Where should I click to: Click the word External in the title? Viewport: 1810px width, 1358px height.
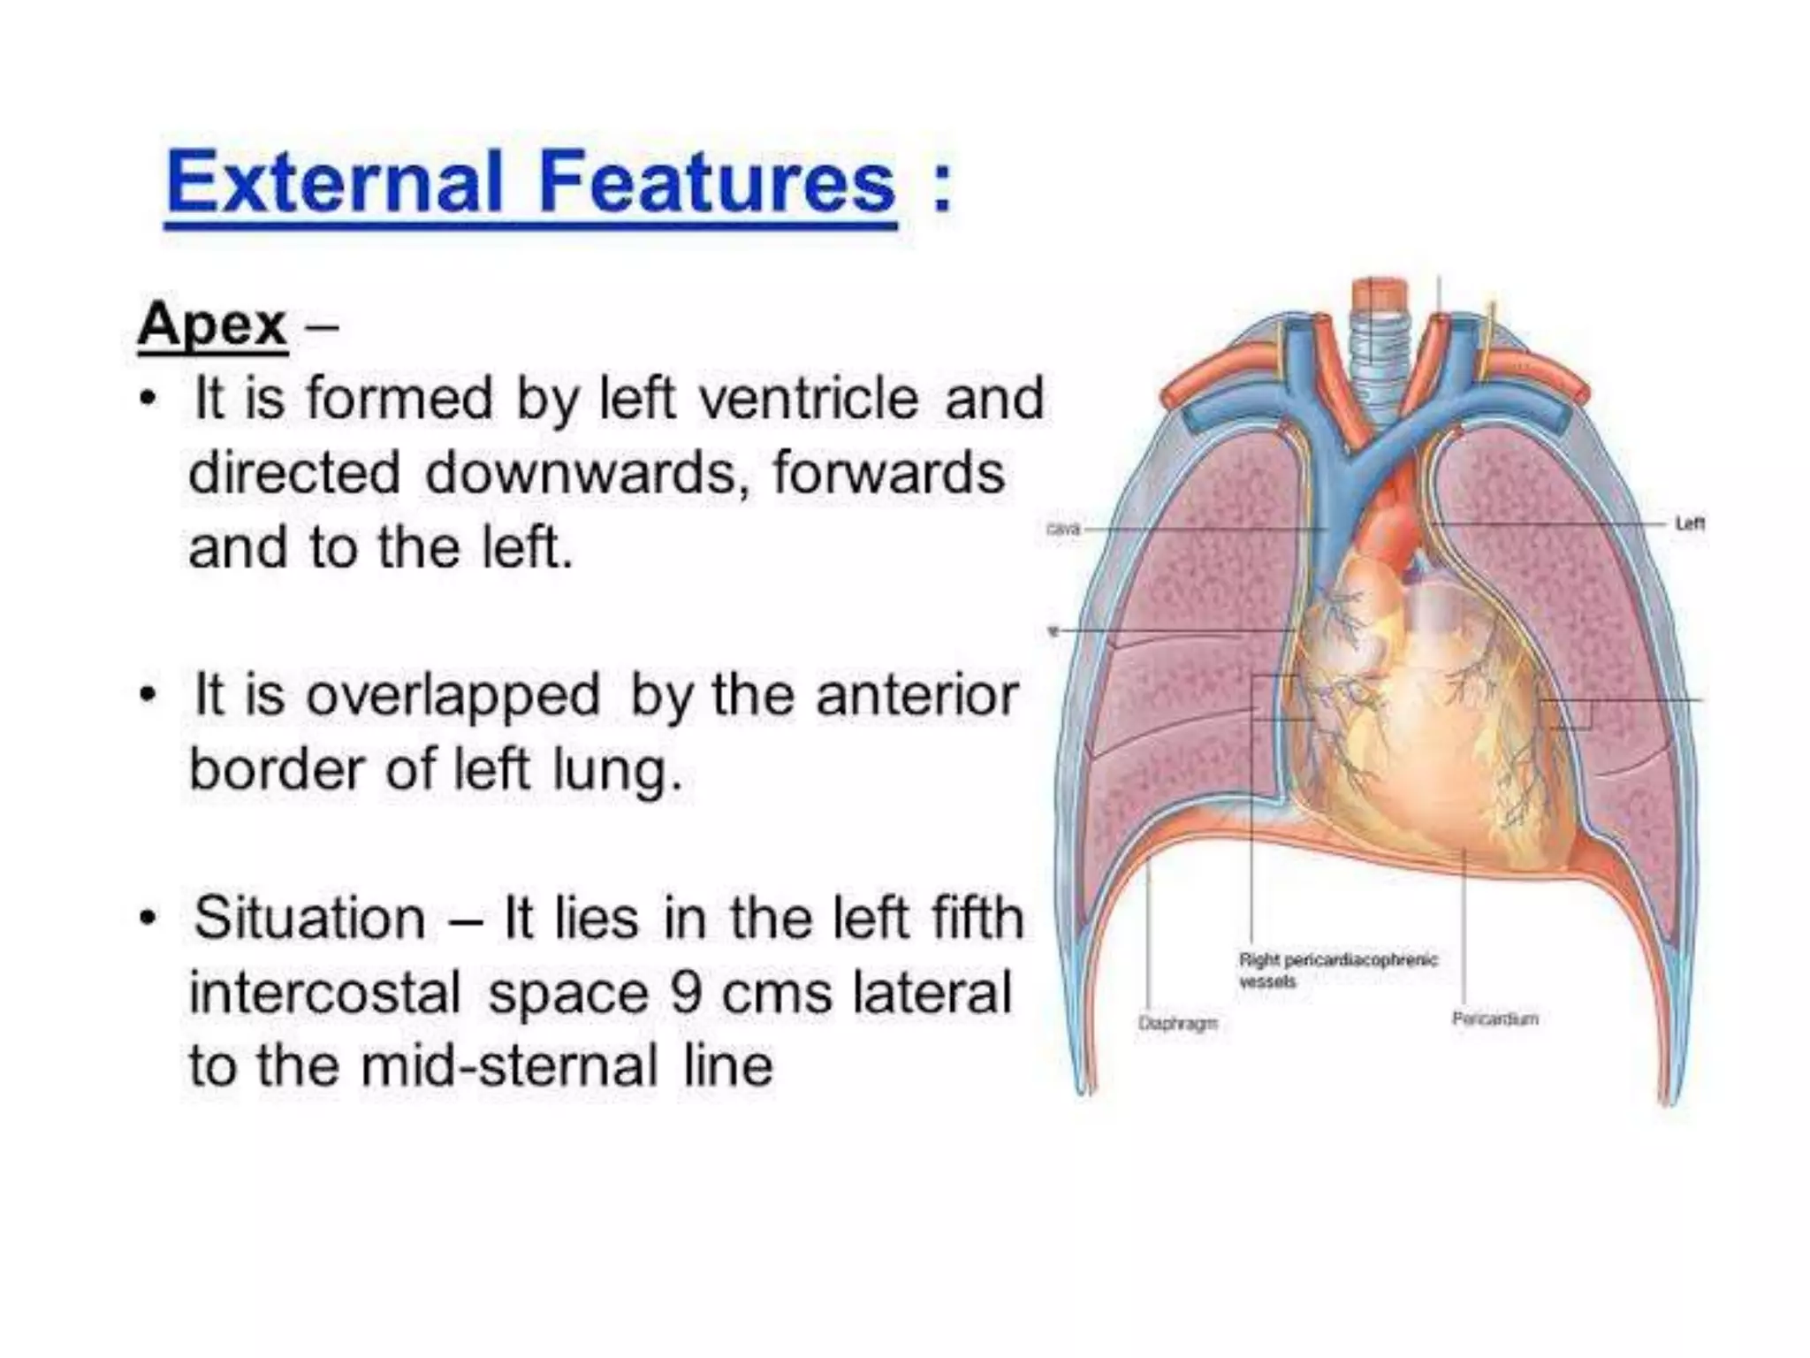[x=334, y=184]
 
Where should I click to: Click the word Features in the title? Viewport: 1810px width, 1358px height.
[x=717, y=184]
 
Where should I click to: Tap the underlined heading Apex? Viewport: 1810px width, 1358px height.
[x=212, y=325]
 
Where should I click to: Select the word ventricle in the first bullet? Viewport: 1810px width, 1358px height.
[x=809, y=399]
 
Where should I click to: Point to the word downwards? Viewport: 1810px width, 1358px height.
[x=580, y=473]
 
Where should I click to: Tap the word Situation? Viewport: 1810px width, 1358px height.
[x=310, y=918]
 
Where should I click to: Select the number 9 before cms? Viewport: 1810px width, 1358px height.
[x=686, y=992]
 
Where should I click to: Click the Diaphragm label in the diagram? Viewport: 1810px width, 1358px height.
[x=1177, y=1023]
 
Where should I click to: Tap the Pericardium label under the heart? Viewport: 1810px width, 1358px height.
[x=1494, y=1018]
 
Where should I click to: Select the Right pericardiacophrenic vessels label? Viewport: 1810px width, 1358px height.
[x=1337, y=970]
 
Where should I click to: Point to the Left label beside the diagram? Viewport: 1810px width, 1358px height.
[x=1690, y=524]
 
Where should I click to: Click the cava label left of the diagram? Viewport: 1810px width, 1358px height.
[x=1063, y=529]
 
